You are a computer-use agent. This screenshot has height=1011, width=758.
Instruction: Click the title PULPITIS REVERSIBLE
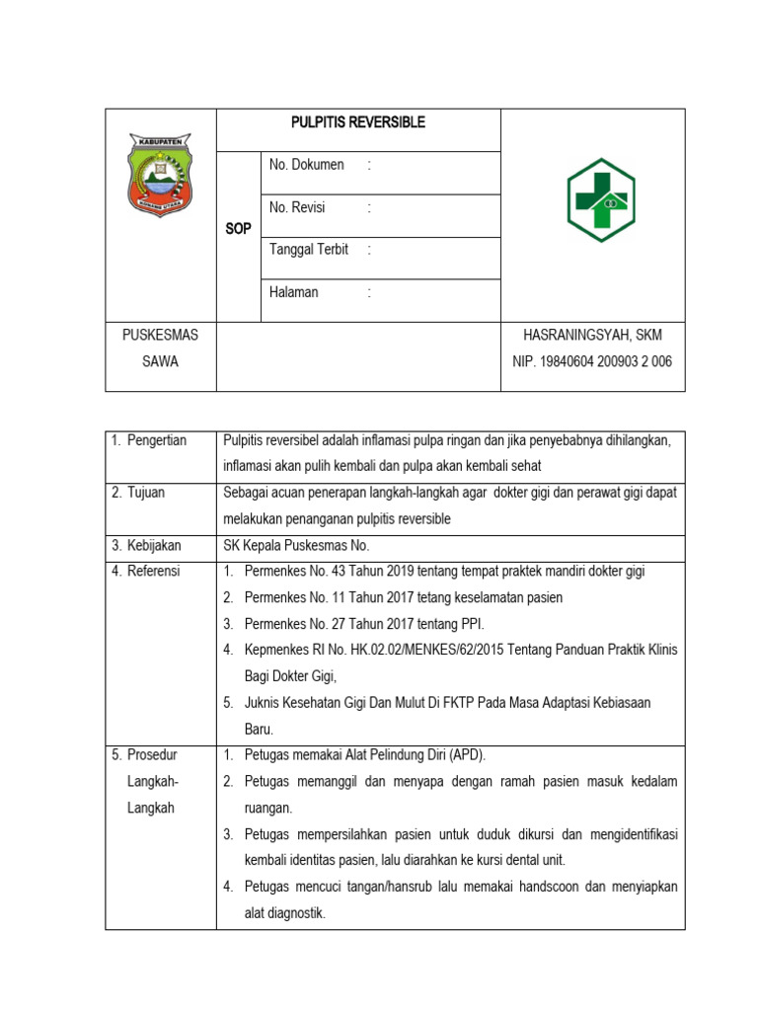pos(358,122)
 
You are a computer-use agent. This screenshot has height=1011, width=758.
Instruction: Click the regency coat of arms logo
pos(160,176)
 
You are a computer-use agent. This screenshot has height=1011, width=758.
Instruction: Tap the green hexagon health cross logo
pos(600,200)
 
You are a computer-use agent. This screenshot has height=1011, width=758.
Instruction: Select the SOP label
pos(239,229)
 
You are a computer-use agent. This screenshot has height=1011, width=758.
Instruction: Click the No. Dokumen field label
pos(307,165)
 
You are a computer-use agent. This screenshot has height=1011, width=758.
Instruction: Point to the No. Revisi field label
pos(297,207)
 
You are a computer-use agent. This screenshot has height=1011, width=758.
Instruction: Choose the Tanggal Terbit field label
pos(309,250)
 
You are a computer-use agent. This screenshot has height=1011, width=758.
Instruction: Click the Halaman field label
pos(294,292)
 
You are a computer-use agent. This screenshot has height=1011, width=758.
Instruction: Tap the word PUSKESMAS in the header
pos(160,335)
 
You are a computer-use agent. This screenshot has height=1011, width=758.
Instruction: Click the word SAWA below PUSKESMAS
pos(160,361)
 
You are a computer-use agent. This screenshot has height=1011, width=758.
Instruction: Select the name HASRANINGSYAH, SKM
pos(592,335)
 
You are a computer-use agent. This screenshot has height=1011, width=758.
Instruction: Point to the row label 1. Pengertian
pos(150,440)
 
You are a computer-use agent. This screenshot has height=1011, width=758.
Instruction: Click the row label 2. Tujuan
pos(139,493)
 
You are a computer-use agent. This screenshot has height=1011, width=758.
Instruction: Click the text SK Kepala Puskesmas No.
pos(294,545)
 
